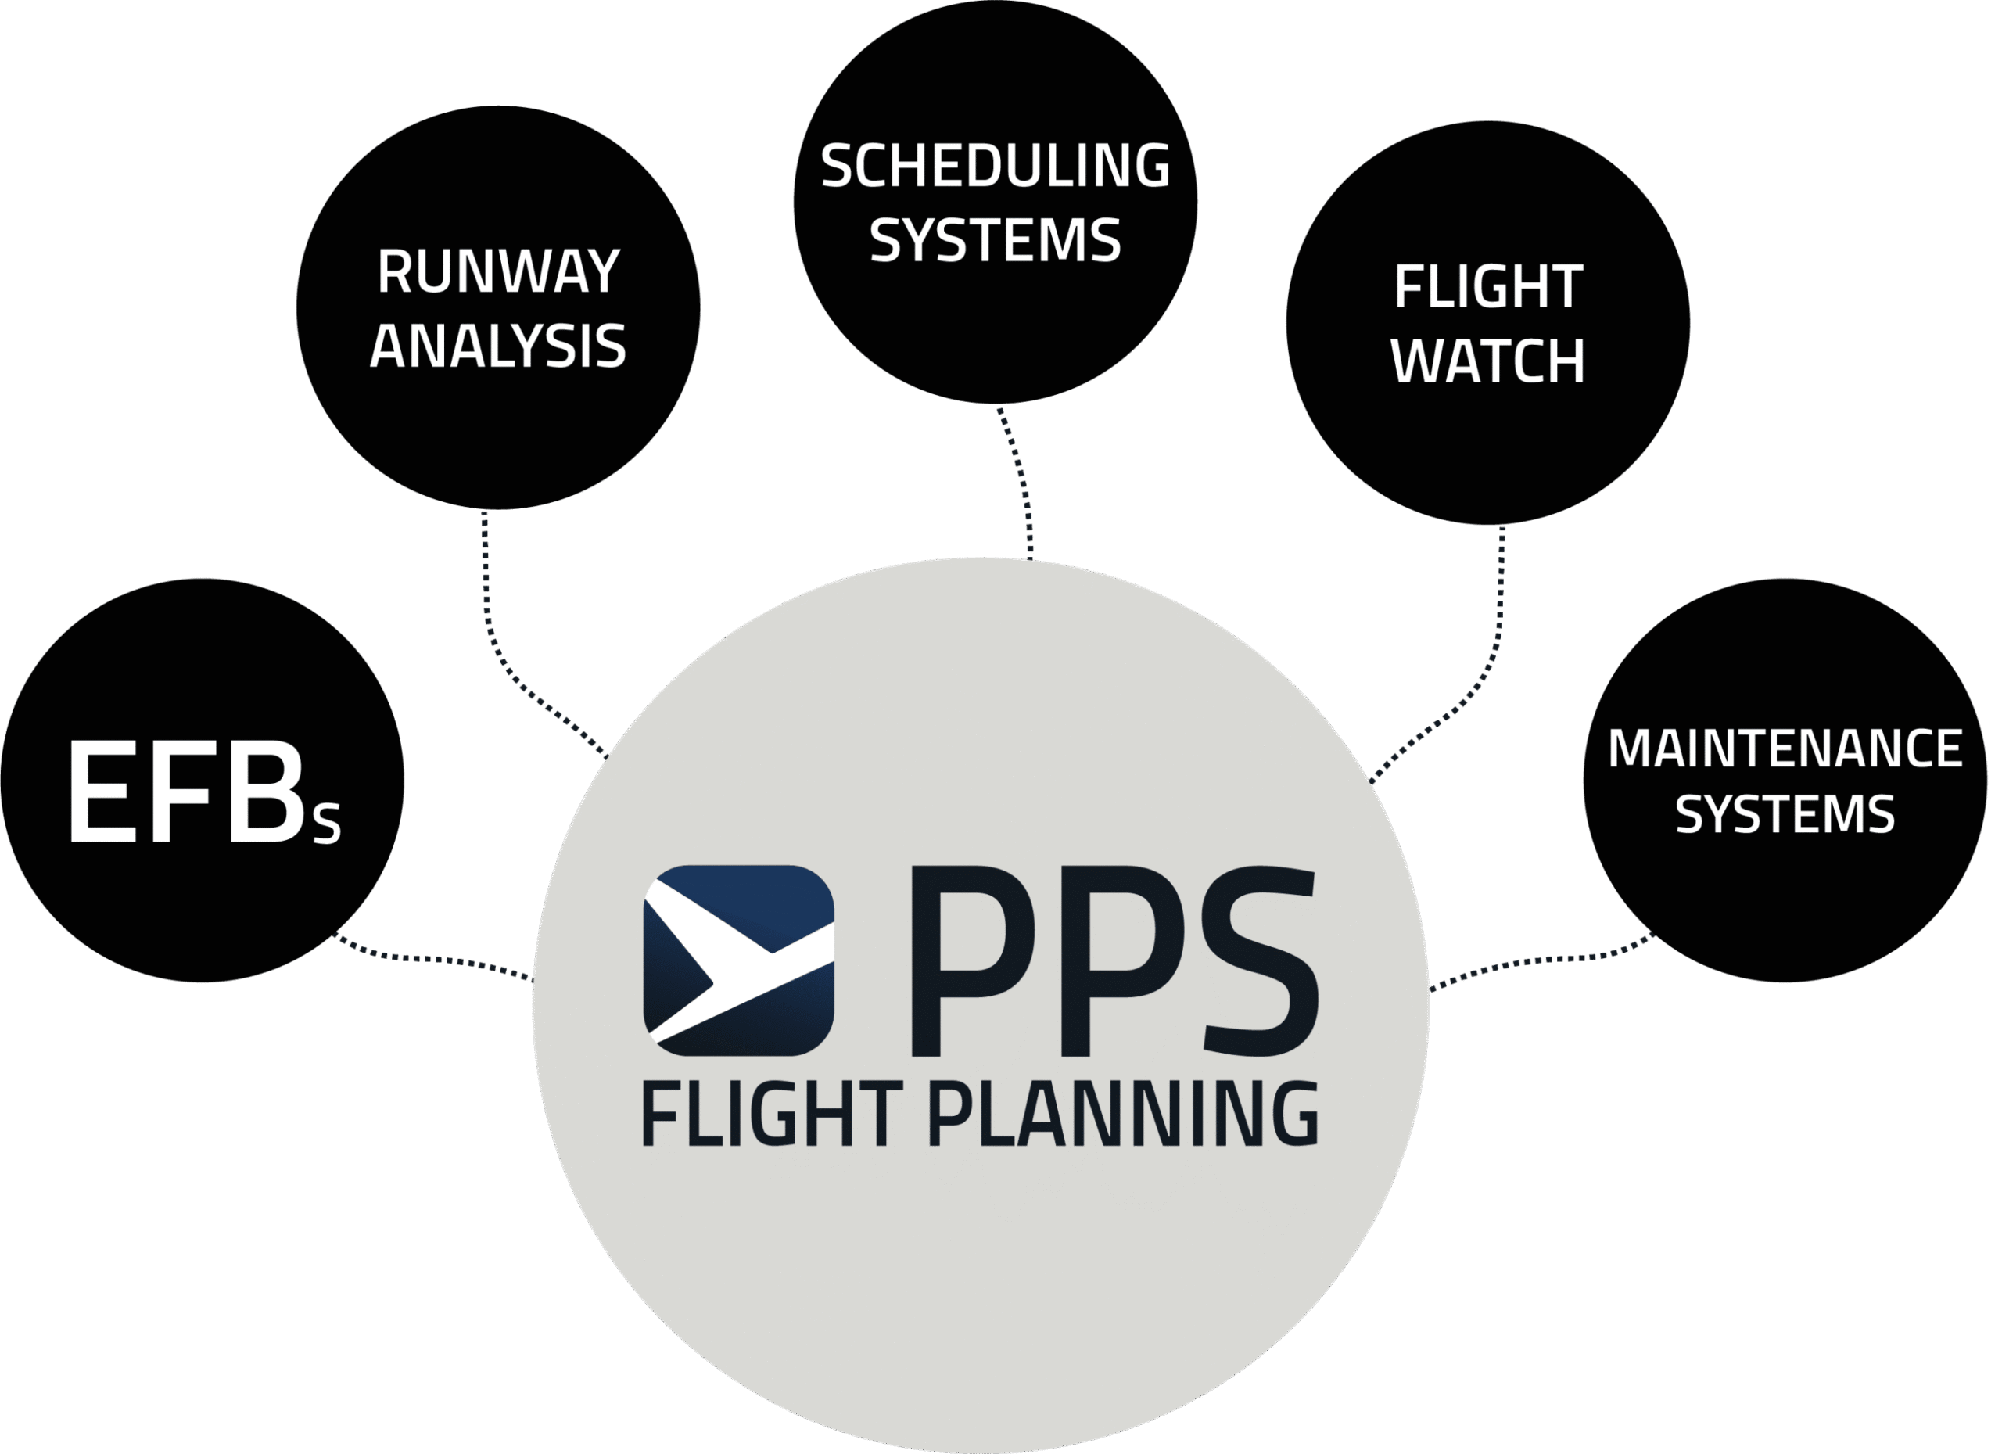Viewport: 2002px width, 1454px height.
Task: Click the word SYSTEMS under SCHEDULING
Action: (x=996, y=239)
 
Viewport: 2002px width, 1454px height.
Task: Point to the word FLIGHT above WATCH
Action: (x=1488, y=287)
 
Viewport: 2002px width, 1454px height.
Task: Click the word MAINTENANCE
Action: (x=1785, y=749)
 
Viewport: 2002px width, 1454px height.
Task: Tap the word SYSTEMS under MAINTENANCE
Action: (x=1785, y=813)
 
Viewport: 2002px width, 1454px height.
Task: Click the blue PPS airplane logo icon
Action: (x=739, y=960)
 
